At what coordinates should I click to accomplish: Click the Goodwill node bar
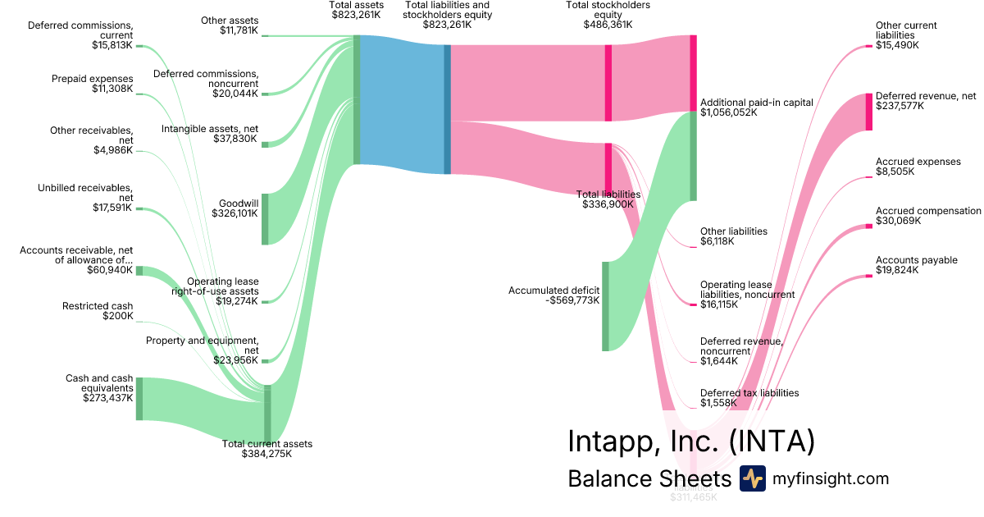tap(265, 218)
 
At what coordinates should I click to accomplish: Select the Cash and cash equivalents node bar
tap(139, 398)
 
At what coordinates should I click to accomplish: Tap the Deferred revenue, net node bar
tap(869, 112)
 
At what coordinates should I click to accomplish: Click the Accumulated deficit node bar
tap(606, 306)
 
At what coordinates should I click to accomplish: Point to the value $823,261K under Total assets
tap(356, 15)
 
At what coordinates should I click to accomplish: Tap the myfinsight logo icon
tap(752, 478)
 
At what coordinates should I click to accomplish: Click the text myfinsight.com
tap(831, 479)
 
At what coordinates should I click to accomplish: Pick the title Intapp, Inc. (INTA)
tap(690, 442)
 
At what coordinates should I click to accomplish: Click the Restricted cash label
tap(98, 306)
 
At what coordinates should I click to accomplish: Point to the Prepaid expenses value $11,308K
tap(112, 89)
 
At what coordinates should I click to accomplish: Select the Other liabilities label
tap(733, 231)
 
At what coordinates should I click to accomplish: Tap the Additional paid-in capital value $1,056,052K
tap(728, 112)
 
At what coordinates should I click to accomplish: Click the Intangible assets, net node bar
tap(265, 144)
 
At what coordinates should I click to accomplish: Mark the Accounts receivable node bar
tap(139, 271)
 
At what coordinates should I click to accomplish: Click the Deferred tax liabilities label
tap(749, 393)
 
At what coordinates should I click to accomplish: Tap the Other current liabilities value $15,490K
tap(897, 46)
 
